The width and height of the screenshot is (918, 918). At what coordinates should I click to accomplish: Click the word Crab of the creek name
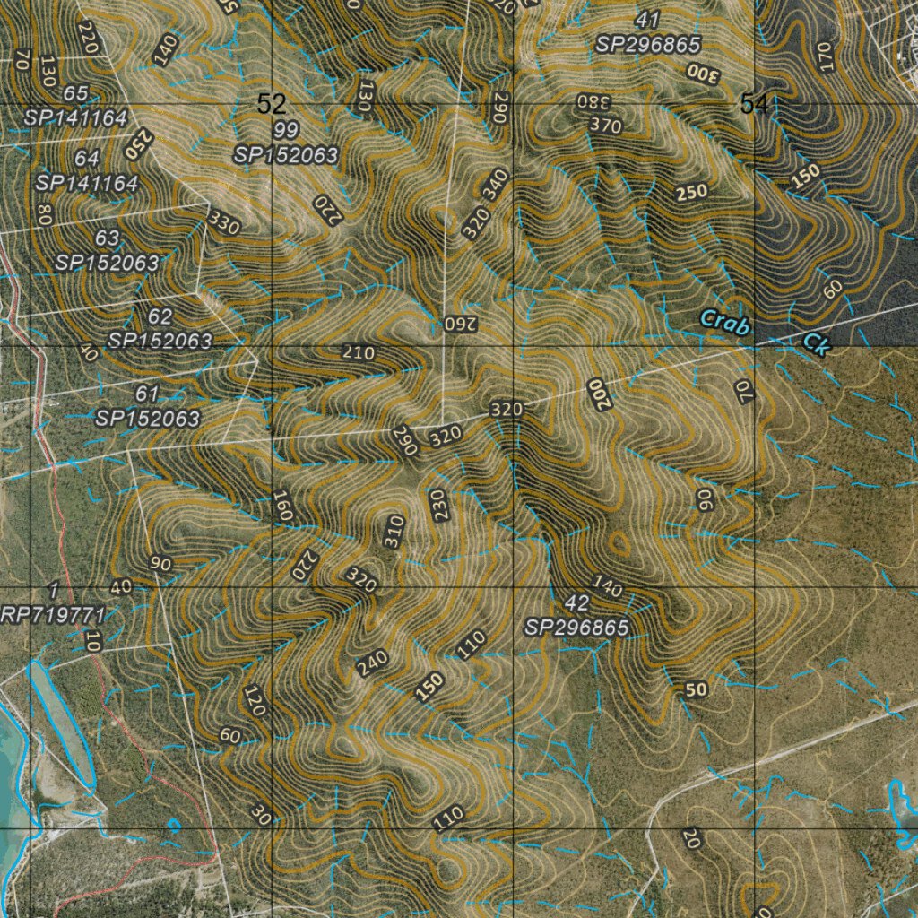pyautogui.click(x=723, y=321)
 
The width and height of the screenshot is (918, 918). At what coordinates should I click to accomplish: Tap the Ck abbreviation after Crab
pyautogui.click(x=815, y=343)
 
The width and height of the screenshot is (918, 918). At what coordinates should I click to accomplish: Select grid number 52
pyautogui.click(x=271, y=104)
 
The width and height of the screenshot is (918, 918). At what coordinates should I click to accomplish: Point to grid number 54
pyautogui.click(x=754, y=105)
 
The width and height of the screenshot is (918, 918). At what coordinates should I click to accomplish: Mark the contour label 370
pyautogui.click(x=606, y=126)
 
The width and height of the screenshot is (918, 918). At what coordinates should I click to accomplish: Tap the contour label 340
pyautogui.click(x=494, y=185)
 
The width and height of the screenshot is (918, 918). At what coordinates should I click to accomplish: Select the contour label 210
pyautogui.click(x=359, y=352)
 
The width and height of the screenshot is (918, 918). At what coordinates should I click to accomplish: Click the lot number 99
pyautogui.click(x=287, y=132)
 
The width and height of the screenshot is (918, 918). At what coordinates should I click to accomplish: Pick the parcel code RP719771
pyautogui.click(x=54, y=615)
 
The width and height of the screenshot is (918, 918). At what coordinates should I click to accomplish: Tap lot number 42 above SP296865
pyautogui.click(x=577, y=602)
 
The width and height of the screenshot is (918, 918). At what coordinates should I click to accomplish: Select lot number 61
pyautogui.click(x=147, y=394)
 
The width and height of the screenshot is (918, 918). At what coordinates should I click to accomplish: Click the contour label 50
pyautogui.click(x=697, y=689)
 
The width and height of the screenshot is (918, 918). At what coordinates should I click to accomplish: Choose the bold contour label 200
pyautogui.click(x=598, y=394)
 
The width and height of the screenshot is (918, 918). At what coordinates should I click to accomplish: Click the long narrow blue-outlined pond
pyautogui.click(x=63, y=722)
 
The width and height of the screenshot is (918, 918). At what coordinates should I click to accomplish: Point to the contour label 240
pyautogui.click(x=372, y=663)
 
